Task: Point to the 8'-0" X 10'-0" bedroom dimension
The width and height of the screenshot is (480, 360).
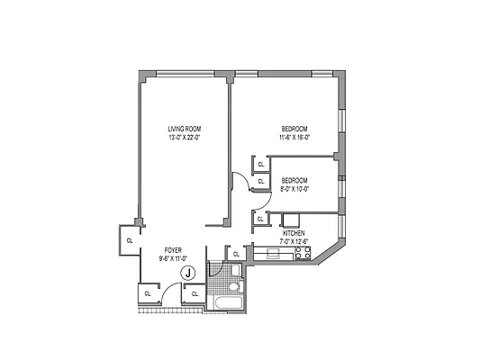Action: click(294, 189)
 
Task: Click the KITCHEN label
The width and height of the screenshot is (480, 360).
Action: click(294, 232)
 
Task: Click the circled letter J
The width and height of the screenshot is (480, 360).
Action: click(187, 273)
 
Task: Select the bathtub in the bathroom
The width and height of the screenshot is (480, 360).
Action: click(226, 302)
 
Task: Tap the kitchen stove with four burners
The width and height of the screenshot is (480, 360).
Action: click(303, 255)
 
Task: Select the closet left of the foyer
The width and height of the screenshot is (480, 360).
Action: click(129, 240)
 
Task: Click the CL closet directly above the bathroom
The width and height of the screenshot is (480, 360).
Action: click(236, 255)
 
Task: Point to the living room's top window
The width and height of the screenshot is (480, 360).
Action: click(185, 73)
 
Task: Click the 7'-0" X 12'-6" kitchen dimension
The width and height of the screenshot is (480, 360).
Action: click(294, 241)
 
